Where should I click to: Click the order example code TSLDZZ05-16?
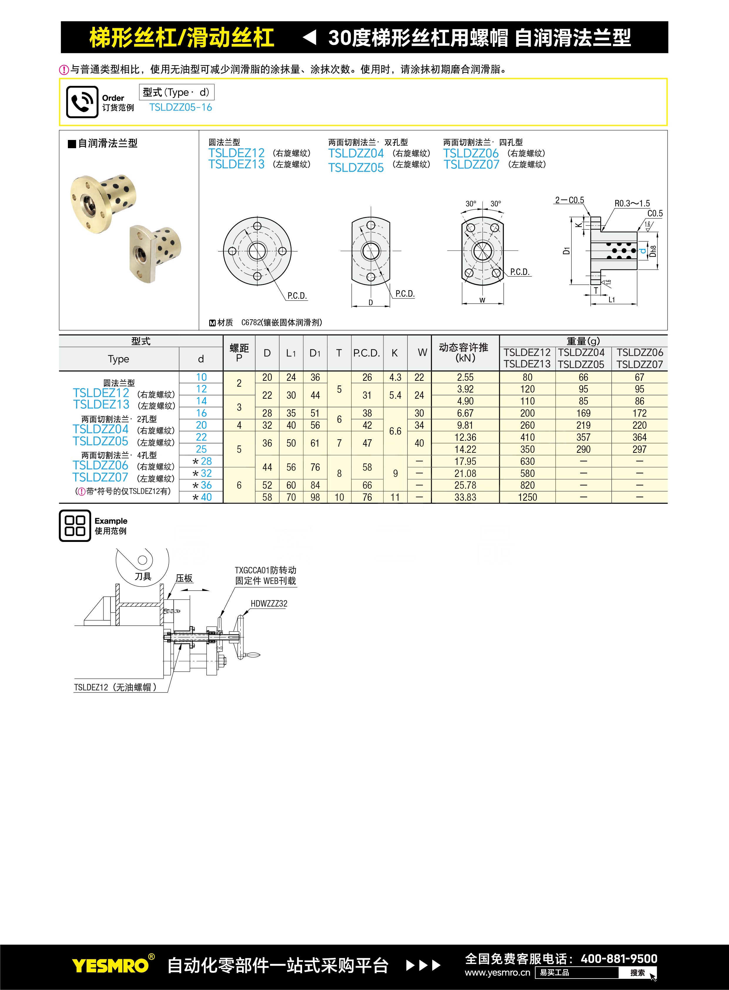tap(180, 107)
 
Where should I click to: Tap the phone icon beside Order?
tap(82, 102)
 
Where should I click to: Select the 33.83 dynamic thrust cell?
tap(465, 497)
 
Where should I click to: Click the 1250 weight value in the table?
tap(527, 497)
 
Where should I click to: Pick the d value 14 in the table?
tap(201, 401)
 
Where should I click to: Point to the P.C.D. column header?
tap(367, 353)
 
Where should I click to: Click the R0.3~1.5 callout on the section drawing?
tap(632, 203)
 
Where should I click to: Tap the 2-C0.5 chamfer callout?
tap(569, 200)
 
